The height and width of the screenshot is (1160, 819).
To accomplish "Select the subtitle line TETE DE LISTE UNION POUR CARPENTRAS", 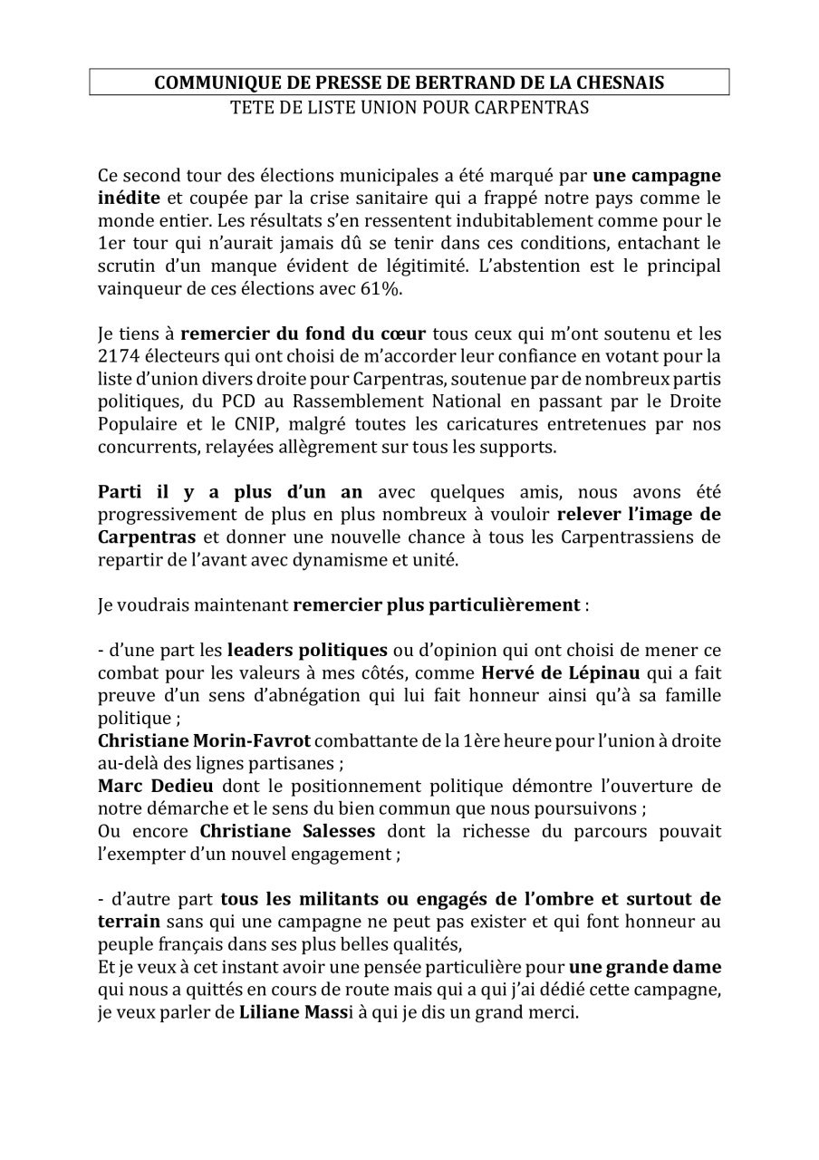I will (409, 108).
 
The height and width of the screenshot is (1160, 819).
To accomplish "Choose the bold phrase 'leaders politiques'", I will (307, 649).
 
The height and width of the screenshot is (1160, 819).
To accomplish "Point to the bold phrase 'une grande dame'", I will (644, 967).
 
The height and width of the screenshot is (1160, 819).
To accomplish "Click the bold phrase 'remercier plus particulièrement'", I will (436, 604).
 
